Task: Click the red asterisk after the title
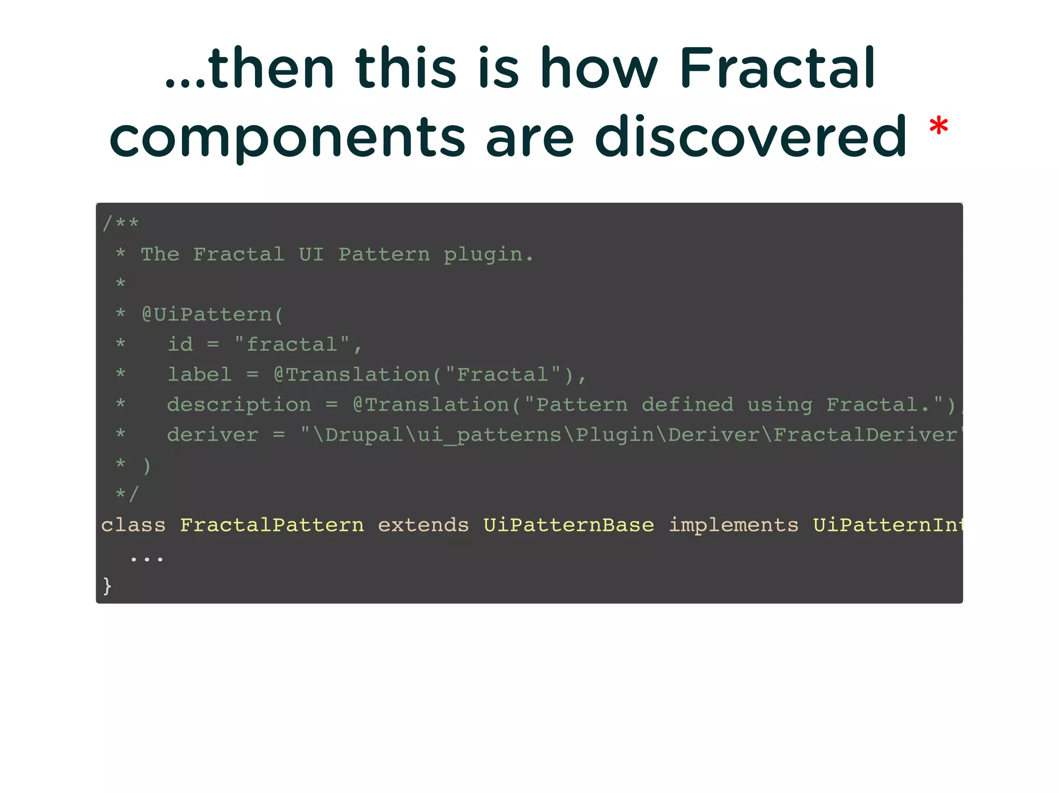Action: [x=938, y=127]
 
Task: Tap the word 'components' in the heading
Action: [x=288, y=138]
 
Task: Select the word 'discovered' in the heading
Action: [x=750, y=136]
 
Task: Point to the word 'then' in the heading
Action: [x=271, y=68]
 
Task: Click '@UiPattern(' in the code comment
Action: [x=213, y=314]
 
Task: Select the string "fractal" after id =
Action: [x=292, y=344]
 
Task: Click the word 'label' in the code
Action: [x=200, y=374]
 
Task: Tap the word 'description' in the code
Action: [x=239, y=405]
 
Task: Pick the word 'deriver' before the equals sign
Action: [x=213, y=435]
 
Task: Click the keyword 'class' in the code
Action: [x=133, y=525]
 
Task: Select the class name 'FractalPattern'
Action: [x=272, y=525]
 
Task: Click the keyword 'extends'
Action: [x=423, y=525]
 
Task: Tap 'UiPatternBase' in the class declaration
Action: [x=569, y=525]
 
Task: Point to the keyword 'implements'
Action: [x=733, y=525]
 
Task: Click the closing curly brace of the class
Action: [x=107, y=586]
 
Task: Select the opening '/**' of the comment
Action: [x=120, y=224]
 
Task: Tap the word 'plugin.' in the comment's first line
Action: [x=488, y=254]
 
